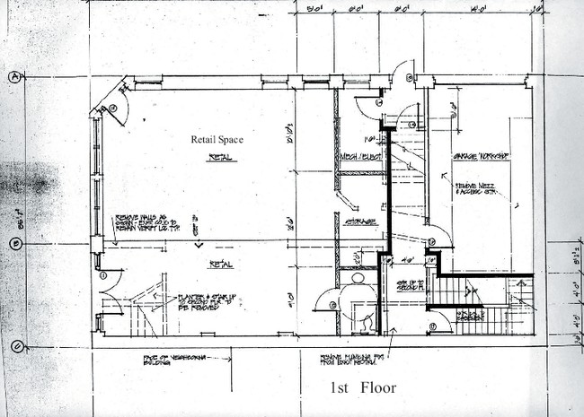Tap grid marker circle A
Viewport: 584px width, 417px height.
pos(16,77)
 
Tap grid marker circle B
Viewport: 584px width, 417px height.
pos(16,244)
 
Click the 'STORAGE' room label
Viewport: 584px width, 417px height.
pos(358,222)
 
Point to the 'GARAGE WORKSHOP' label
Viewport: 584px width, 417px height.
pos(481,156)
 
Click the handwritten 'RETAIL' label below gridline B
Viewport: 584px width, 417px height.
pos(221,265)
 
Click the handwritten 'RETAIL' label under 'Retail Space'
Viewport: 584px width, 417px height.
pos(218,157)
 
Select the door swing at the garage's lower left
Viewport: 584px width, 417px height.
pos(438,235)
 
